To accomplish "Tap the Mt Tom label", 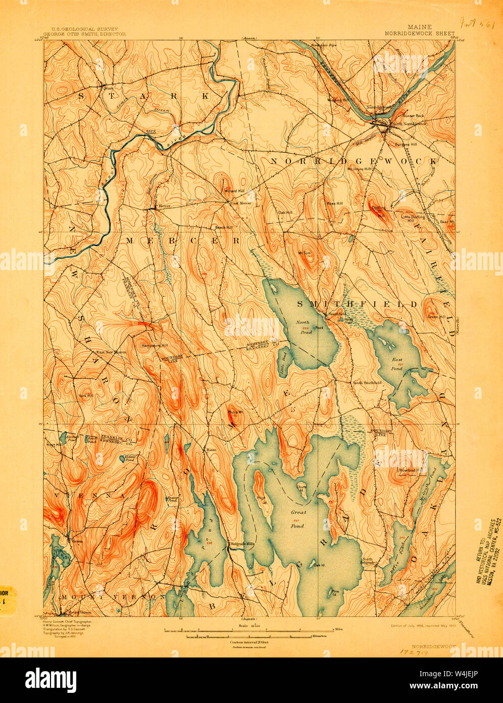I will (x=304, y=253).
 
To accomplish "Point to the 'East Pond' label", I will (x=396, y=364).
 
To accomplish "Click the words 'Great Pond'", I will (x=297, y=519).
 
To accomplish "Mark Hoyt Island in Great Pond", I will (x=261, y=500).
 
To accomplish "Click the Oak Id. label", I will (x=318, y=565).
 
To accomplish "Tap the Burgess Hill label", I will (x=406, y=144).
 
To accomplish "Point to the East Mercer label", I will (x=241, y=203).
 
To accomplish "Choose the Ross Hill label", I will (x=334, y=203).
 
